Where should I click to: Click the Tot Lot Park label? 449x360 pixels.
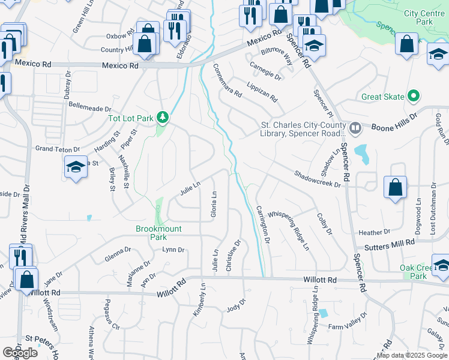pyautogui.click(x=130, y=118)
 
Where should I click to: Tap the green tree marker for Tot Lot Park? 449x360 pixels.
pyautogui.click(x=161, y=116)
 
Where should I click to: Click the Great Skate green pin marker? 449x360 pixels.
pyautogui.click(x=413, y=96)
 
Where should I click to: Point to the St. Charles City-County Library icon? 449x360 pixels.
pyautogui.click(x=355, y=127)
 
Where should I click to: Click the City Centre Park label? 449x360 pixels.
pyautogui.click(x=427, y=17)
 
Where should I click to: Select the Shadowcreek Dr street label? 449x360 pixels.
pyautogui.click(x=318, y=179)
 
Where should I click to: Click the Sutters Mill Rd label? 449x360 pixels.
pyautogui.click(x=385, y=243)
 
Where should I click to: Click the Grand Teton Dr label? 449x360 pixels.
pyautogui.click(x=58, y=149)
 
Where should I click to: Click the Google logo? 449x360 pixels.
pyautogui.click(x=20, y=352)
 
